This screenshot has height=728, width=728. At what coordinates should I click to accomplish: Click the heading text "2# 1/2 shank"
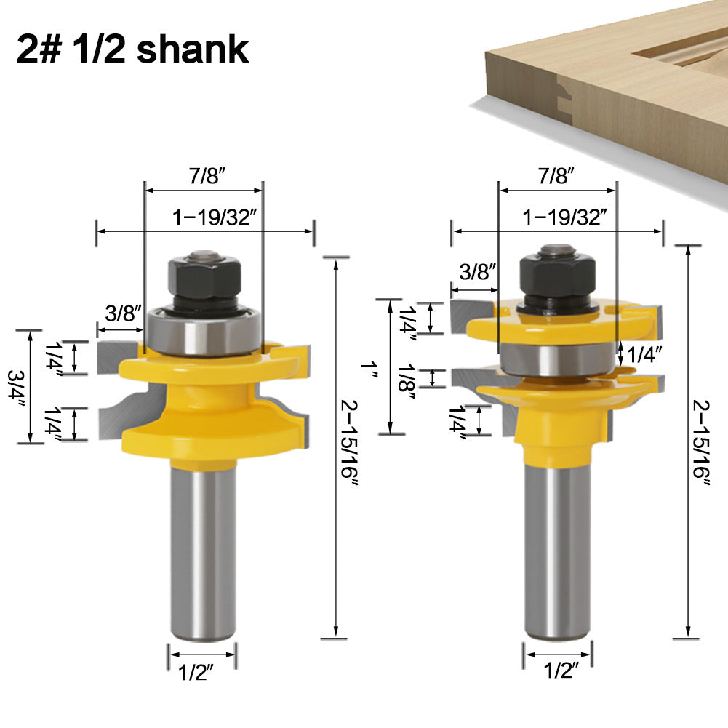132,49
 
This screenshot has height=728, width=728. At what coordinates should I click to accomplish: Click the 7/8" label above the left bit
204,176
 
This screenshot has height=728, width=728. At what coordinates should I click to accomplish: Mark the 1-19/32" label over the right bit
566,216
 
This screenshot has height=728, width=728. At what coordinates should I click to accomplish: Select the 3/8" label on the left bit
121,314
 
